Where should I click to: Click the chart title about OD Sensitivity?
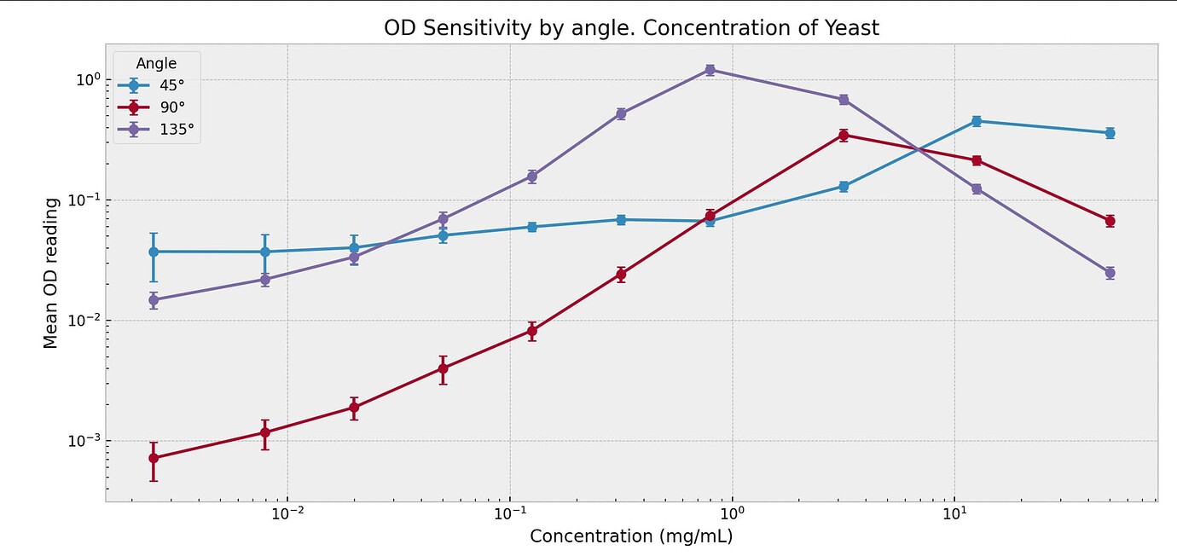631,28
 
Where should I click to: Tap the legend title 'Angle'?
157,64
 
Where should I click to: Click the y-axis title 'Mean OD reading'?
51,273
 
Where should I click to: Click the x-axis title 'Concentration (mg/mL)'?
631,536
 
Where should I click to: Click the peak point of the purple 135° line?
710,70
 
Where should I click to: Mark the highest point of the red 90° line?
844,135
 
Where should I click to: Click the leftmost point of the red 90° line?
154,458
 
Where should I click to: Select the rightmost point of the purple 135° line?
1110,273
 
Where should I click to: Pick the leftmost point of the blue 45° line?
154,252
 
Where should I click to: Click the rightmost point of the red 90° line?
1110,221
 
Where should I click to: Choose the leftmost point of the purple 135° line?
154,300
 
